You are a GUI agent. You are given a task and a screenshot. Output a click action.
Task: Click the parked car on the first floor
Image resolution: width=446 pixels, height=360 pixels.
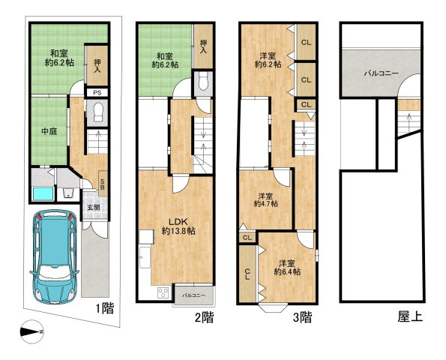click(54, 256)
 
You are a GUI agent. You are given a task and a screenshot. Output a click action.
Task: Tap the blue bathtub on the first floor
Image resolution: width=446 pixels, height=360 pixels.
click(43, 193)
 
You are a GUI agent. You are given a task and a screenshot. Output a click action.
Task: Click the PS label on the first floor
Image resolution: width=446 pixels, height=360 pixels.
click(97, 92)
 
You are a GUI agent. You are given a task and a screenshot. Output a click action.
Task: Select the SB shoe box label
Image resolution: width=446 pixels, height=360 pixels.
click(103, 184)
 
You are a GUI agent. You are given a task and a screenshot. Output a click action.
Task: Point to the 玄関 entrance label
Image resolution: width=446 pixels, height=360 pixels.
click(94, 208)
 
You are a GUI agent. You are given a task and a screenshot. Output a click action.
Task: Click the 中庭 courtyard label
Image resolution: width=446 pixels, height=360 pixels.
click(49, 131)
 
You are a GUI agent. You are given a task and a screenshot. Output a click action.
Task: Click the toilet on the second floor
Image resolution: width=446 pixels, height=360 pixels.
click(203, 81)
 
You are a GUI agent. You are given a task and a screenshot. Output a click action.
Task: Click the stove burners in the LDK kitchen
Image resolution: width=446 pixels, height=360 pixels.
click(163, 292)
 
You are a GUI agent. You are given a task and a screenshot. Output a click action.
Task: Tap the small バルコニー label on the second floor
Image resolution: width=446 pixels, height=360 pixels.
click(193, 295)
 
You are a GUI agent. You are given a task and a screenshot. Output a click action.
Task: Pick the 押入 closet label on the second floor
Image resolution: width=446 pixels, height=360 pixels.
click(203, 47)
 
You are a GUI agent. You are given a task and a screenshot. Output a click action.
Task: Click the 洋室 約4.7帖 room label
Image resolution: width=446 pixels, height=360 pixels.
click(265, 200)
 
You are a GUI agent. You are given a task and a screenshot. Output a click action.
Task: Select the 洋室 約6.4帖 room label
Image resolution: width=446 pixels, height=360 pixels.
click(287, 268)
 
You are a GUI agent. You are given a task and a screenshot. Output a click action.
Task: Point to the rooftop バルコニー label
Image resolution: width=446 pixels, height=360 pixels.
click(382, 73)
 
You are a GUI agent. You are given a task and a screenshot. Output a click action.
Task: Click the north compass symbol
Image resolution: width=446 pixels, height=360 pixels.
click(32, 331)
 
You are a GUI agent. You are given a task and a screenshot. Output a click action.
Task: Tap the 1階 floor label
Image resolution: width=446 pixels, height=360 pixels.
click(105, 308)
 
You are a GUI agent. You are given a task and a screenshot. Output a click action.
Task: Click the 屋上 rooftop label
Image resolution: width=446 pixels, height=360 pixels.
click(410, 316)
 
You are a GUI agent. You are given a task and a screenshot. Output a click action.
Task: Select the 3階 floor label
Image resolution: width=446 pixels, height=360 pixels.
click(303, 317)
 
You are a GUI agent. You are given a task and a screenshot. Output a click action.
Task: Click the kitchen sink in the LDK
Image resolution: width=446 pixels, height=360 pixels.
click(145, 257)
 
